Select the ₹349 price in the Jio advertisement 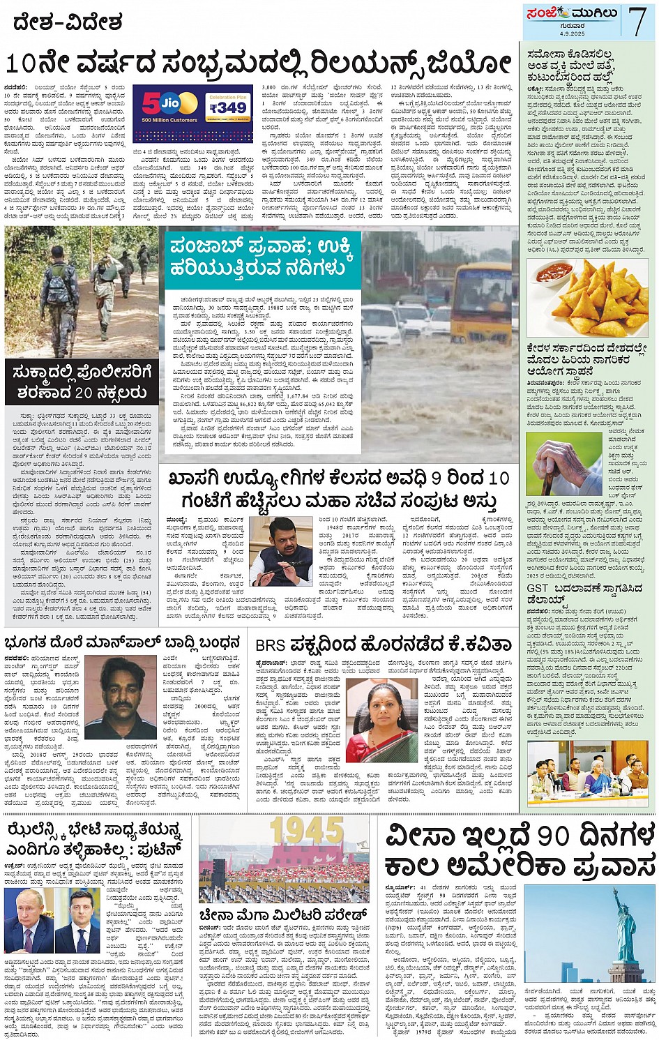(228, 108)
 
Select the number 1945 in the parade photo (306, 831)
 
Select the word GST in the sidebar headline (538, 589)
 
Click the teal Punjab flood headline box (263, 257)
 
